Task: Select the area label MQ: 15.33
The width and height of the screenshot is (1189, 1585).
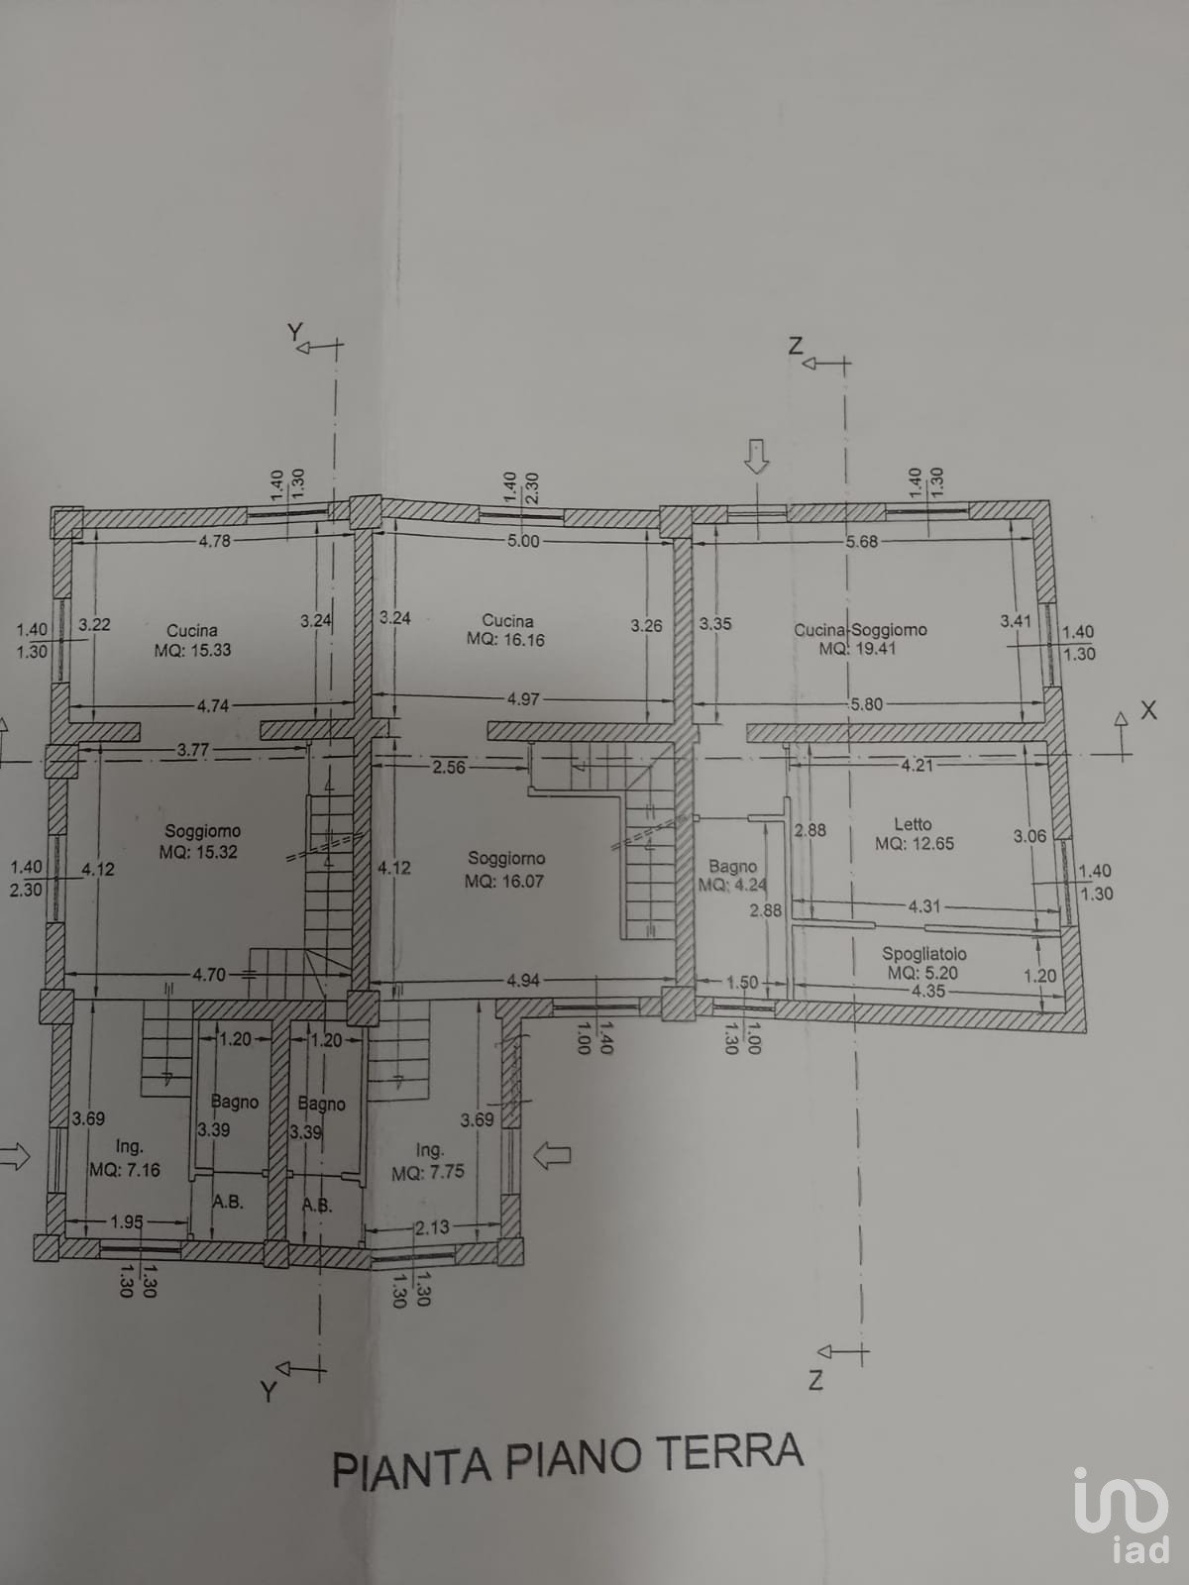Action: [193, 649]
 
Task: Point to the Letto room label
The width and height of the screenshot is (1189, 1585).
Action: [913, 824]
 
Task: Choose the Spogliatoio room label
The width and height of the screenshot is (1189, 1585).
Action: [924, 953]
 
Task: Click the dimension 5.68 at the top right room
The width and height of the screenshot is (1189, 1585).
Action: [862, 541]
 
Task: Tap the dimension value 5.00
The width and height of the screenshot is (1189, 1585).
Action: [523, 541]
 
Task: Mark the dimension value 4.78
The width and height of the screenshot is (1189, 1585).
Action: [214, 540]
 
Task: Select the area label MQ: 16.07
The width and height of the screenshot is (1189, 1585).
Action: [504, 881]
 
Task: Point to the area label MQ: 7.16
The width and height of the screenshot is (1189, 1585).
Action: [125, 1170]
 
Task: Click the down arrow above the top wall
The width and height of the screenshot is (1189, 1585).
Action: [757, 458]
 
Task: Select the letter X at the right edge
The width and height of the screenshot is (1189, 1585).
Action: [1147, 710]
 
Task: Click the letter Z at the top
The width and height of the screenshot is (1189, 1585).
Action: [795, 347]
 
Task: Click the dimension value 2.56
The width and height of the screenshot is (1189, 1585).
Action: [448, 767]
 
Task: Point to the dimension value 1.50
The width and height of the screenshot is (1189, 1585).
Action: [742, 982]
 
